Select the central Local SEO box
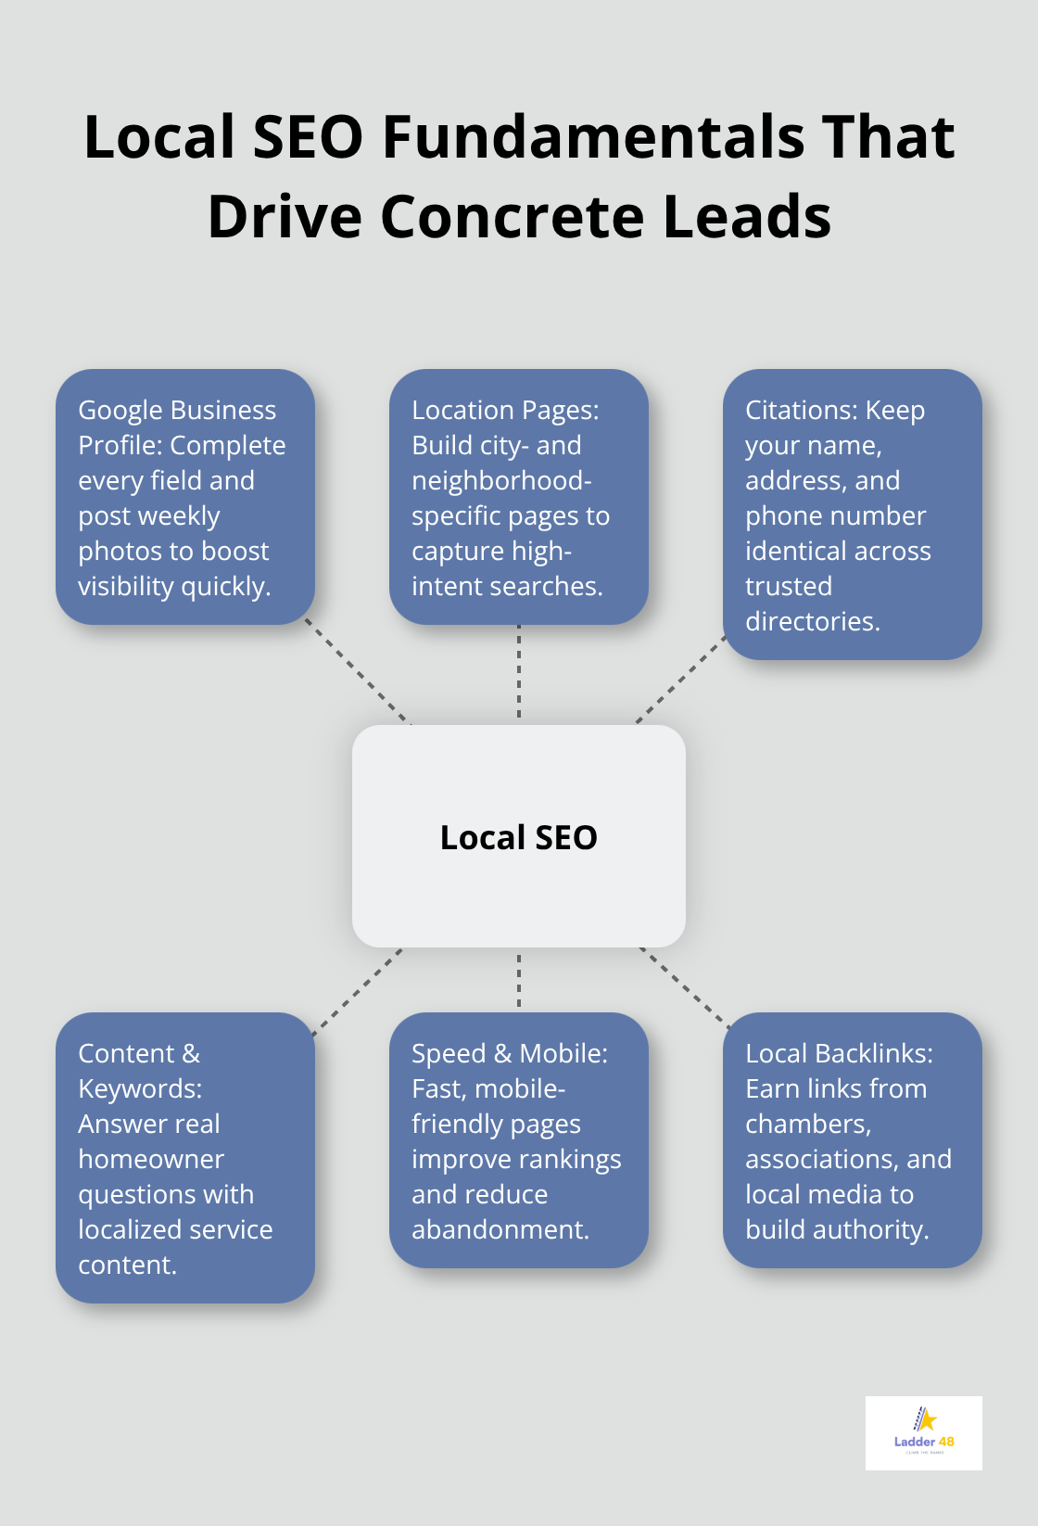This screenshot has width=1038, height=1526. click(x=519, y=836)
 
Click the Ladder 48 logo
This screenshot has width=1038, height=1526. click(x=923, y=1432)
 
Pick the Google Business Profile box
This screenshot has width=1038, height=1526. click(x=185, y=497)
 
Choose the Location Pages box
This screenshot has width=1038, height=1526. click(x=519, y=497)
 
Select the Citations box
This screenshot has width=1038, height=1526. click(x=853, y=515)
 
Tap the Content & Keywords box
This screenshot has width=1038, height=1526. click(x=185, y=1158)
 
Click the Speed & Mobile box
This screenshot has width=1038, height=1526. click(x=519, y=1140)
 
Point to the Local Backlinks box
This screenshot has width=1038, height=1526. click(x=853, y=1140)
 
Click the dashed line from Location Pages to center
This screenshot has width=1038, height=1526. click(x=519, y=674)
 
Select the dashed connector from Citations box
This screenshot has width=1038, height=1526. click(x=681, y=680)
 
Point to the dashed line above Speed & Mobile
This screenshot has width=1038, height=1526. click(x=519, y=980)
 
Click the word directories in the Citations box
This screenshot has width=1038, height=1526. click(x=812, y=621)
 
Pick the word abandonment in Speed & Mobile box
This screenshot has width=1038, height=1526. click(x=500, y=1229)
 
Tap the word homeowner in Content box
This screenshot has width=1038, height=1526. click(x=151, y=1159)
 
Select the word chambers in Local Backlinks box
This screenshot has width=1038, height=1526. click(x=808, y=1124)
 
